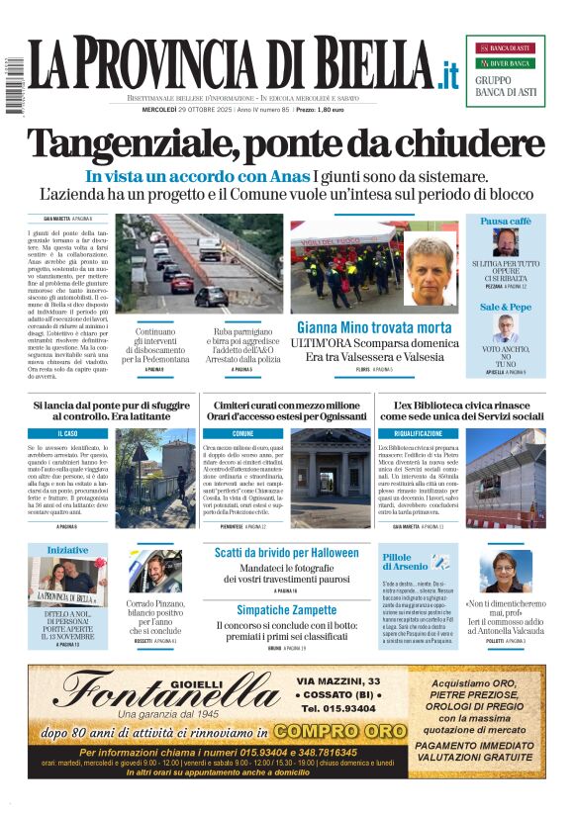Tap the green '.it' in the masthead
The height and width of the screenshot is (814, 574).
point(449,74)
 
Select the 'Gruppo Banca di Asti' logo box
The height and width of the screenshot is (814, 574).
point(505,70)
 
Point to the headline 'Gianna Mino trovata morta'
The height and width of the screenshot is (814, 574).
point(374,327)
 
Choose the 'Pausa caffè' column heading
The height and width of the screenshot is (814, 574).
point(506,222)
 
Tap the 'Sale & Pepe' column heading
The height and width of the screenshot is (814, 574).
point(506,308)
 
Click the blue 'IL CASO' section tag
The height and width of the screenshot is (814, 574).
point(69,433)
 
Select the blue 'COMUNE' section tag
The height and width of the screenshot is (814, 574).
point(242,433)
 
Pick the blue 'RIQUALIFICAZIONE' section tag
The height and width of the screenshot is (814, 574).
point(419,433)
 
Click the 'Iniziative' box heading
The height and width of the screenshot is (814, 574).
point(67,550)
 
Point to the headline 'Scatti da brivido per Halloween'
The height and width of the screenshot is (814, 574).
point(287,553)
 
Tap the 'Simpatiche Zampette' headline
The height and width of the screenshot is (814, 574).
point(287,609)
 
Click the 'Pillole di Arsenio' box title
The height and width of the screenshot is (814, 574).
point(404,563)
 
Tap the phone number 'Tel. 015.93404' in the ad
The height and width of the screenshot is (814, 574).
point(336,709)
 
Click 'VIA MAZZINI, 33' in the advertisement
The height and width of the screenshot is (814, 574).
point(337,681)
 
